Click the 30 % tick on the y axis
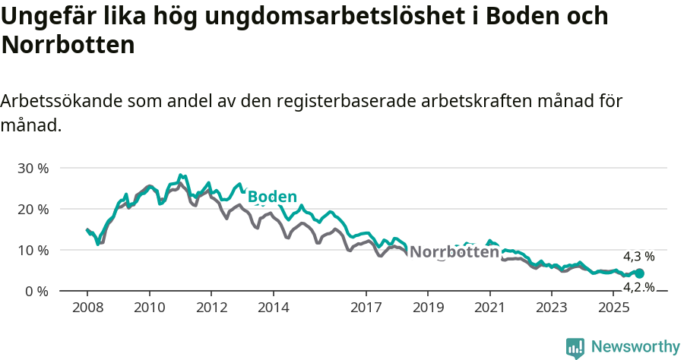tap(33, 168)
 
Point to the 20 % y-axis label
tap(33, 209)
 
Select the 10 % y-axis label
tap(33, 250)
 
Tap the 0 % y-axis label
tap(36, 292)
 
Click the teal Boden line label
tap(272, 197)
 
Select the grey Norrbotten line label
tap(454, 252)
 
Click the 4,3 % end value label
tap(638, 257)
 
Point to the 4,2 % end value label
tap(638, 287)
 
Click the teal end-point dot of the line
tap(639, 273)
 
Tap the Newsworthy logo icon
tap(575, 348)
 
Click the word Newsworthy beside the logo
tap(635, 347)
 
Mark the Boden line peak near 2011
tap(180, 175)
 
